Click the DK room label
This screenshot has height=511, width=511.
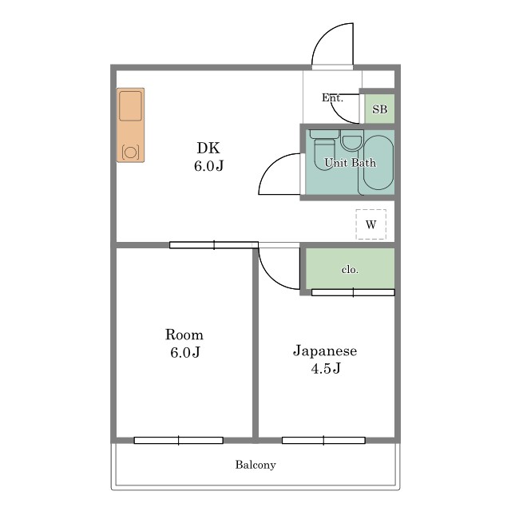pos(208,149)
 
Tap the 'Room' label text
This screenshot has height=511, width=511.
pos(184,335)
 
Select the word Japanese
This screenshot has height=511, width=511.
pos(325,351)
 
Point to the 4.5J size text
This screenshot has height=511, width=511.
pos(326,369)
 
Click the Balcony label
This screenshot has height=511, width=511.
pos(255,465)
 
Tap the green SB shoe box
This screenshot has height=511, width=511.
pos(380,109)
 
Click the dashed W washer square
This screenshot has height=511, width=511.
pos(370,224)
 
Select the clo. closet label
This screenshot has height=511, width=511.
pos(350,270)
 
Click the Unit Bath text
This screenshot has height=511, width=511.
pos(350,163)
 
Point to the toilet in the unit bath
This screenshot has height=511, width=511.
pos(324,149)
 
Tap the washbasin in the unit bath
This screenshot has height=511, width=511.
pos(352,141)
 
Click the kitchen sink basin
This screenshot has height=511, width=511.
pos(130,106)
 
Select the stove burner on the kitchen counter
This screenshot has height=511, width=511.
pos(131,153)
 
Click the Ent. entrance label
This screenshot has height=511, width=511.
pos(332,97)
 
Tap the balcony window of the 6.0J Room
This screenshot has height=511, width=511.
pos(179,440)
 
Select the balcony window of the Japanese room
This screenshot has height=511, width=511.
pos(323,440)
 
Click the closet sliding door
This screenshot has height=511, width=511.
pos(353,292)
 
